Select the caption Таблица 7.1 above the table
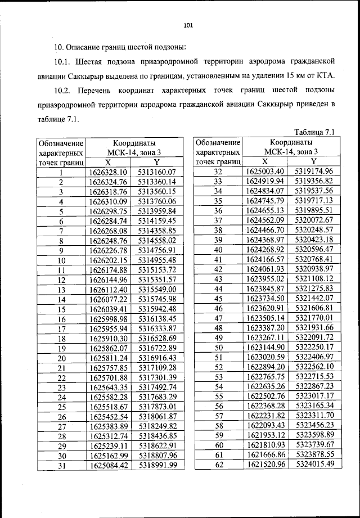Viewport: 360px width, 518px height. pos(314,132)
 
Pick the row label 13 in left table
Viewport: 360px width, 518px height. pos(61,289)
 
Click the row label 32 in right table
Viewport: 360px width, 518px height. pos(219,172)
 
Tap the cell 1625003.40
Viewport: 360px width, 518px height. pos(266,172)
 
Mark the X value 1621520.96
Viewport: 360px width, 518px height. pos(266,465)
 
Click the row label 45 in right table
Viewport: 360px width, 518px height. pos(219,299)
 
